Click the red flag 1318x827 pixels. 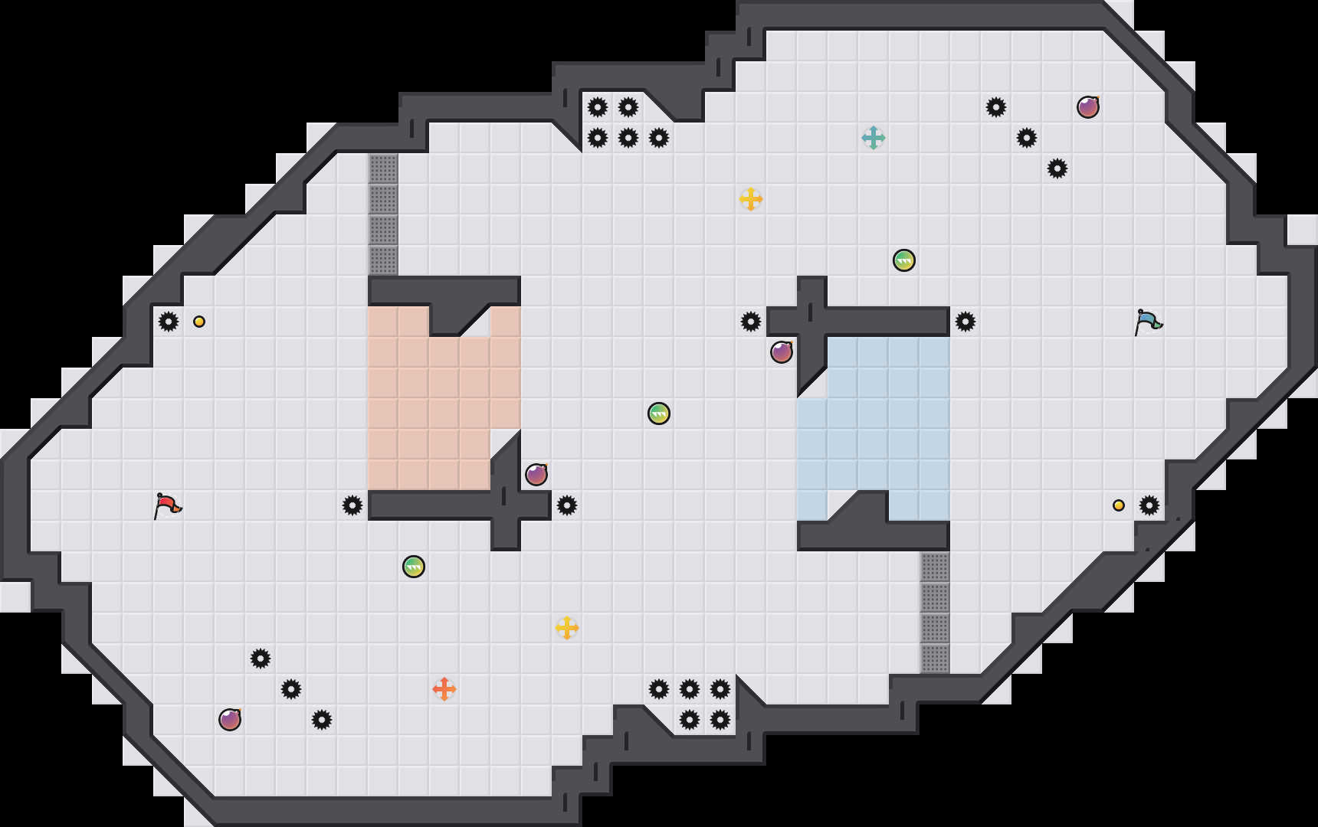pyautogui.click(x=167, y=505)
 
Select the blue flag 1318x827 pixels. pyautogui.click(x=1148, y=322)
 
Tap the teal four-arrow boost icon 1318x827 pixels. pyautogui.click(x=874, y=138)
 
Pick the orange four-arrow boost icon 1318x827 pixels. pyautogui.click(x=444, y=689)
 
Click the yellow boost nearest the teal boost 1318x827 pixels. pyautogui.click(x=751, y=199)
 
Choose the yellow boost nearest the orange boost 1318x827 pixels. pyautogui.click(x=567, y=628)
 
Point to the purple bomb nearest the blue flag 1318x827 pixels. pyautogui.click(x=1088, y=107)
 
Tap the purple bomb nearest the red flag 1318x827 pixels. pyautogui.click(x=230, y=720)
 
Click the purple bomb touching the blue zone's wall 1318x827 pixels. pyautogui.click(x=782, y=352)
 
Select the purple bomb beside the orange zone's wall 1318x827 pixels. pyautogui.click(x=536, y=475)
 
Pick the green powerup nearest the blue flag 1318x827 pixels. pyautogui.click(x=904, y=260)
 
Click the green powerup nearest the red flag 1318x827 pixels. pyautogui.click(x=414, y=567)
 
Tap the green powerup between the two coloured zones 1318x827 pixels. pyautogui.click(x=659, y=413)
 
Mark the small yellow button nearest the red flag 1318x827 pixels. pyautogui.click(x=199, y=322)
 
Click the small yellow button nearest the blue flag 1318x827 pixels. pyautogui.click(x=1119, y=505)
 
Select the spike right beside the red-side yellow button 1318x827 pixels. pyautogui.click(x=169, y=322)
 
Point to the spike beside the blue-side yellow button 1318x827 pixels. pyautogui.click(x=1149, y=505)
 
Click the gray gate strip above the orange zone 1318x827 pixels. pyautogui.click(x=383, y=214)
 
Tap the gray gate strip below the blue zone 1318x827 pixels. pyautogui.click(x=935, y=613)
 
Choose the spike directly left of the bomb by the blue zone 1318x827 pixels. pyautogui.click(x=751, y=322)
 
